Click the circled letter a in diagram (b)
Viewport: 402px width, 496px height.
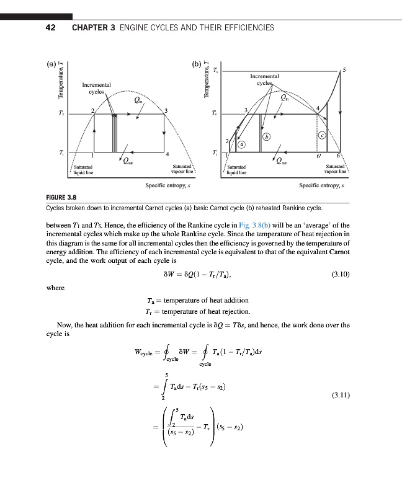(x=242, y=144)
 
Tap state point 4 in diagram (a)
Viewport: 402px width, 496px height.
(x=167, y=154)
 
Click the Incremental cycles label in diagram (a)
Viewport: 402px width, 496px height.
(x=96, y=88)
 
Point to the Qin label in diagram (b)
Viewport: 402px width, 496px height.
(x=284, y=97)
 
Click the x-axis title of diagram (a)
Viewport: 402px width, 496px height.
(x=167, y=185)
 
